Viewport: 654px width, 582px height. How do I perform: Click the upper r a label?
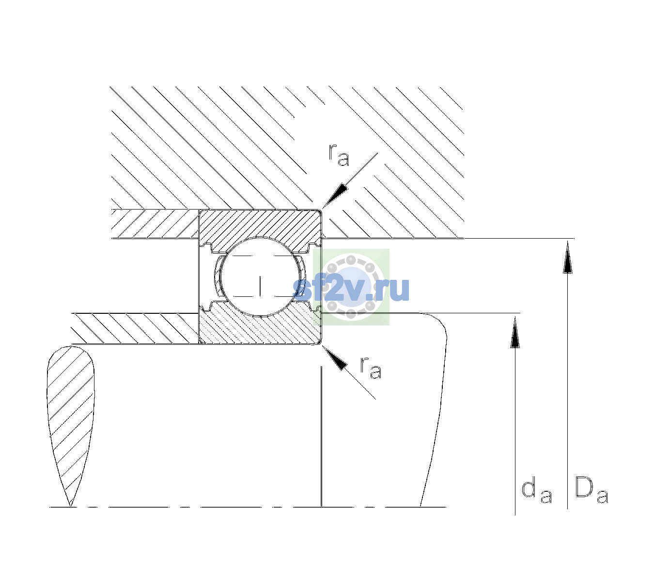339,155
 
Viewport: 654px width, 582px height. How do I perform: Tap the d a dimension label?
536,489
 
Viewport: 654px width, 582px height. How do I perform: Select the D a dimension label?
592,489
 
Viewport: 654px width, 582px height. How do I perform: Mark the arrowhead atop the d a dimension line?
515,332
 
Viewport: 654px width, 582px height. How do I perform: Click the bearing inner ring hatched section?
260,327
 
